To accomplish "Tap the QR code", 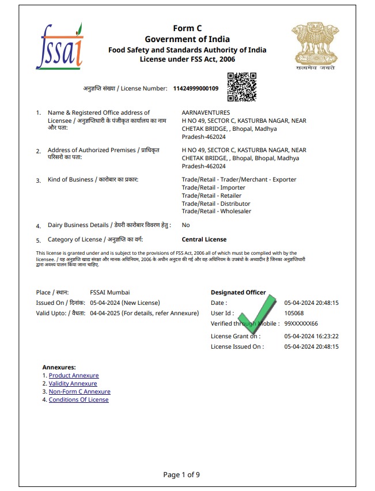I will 242,87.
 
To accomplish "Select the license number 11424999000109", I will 196,88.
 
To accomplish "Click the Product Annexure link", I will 74,376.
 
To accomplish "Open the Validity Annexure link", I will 73,384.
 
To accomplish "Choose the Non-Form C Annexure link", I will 79,392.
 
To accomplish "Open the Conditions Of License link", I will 78,400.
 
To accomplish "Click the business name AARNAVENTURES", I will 206,113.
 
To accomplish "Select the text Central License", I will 204,240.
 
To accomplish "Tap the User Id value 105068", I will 294,314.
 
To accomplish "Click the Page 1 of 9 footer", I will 181,475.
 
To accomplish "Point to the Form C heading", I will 187,29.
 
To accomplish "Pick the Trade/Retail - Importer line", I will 206,188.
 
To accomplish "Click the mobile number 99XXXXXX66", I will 301,324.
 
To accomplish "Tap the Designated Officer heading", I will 238,293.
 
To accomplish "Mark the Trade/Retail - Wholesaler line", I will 209,211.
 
